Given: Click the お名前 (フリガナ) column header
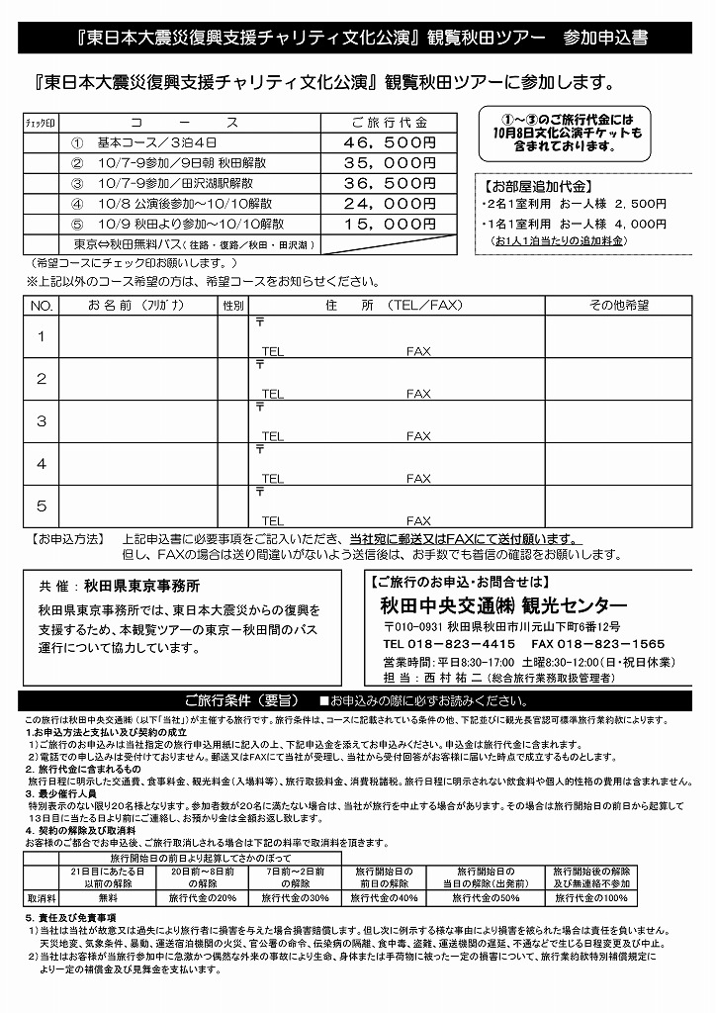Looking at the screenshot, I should click(137, 306).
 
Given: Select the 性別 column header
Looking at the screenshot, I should click(233, 306).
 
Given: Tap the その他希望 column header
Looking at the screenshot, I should click(619, 306).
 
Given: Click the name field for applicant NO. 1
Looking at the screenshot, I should click(137, 336).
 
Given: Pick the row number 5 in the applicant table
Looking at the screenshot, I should click(42, 506).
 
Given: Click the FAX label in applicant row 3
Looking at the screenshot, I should click(418, 436).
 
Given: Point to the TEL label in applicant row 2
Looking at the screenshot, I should click(272, 394).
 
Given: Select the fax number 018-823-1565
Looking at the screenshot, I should click(614, 643).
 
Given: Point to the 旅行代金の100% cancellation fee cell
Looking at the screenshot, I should click(593, 898).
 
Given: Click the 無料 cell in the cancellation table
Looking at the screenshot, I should click(108, 898).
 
